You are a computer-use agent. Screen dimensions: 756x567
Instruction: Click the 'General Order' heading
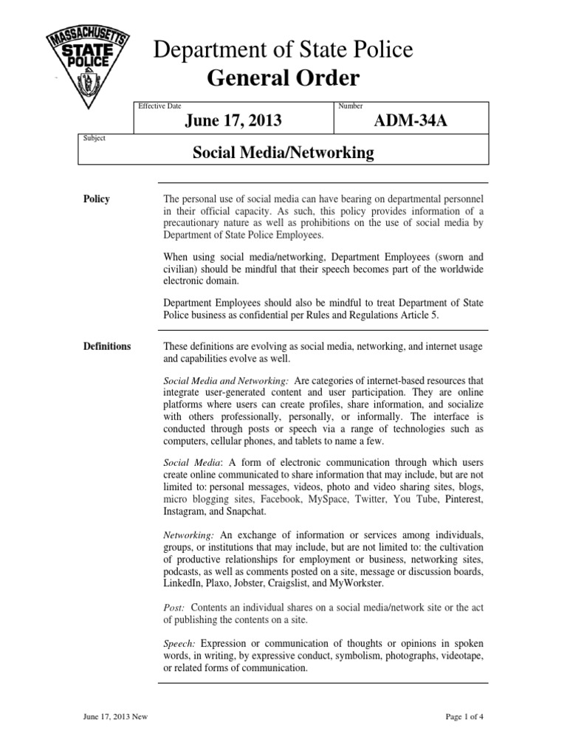[284, 79]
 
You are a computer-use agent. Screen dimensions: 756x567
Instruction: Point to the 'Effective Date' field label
[159, 106]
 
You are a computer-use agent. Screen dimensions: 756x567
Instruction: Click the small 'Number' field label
[350, 106]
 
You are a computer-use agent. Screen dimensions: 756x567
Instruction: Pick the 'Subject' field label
[94, 137]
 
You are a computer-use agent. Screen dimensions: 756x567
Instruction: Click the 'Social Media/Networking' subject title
[283, 153]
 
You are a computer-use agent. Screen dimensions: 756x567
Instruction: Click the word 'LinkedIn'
[182, 583]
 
